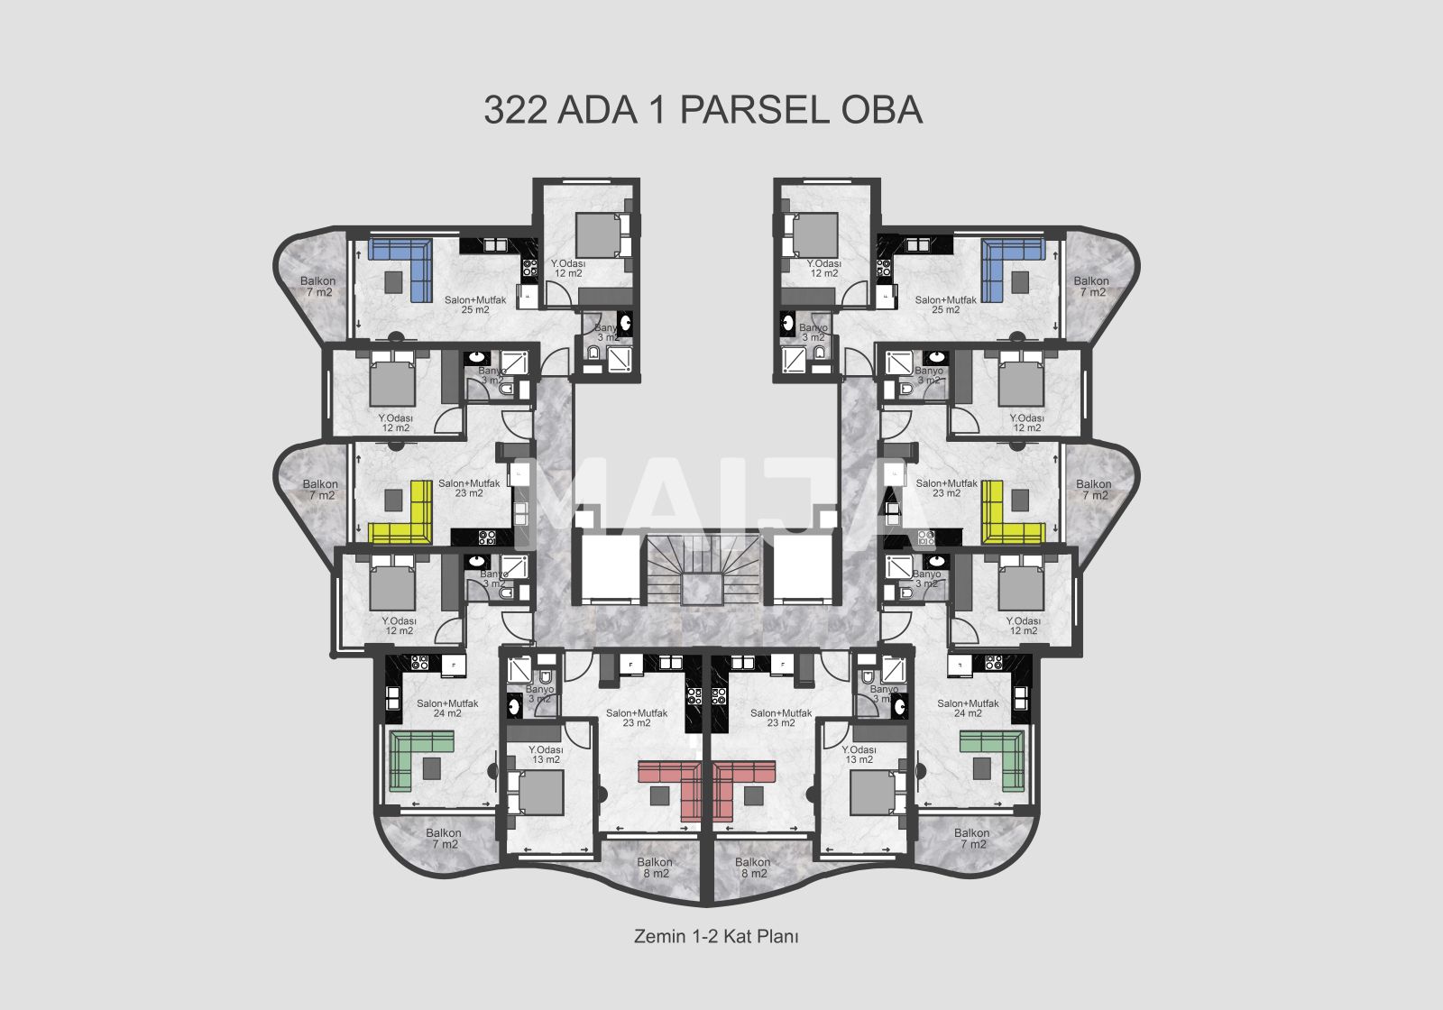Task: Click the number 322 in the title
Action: (x=515, y=110)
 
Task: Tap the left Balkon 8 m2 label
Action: (x=655, y=868)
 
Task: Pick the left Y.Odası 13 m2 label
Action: (x=546, y=754)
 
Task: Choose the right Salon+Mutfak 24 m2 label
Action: (x=968, y=708)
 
